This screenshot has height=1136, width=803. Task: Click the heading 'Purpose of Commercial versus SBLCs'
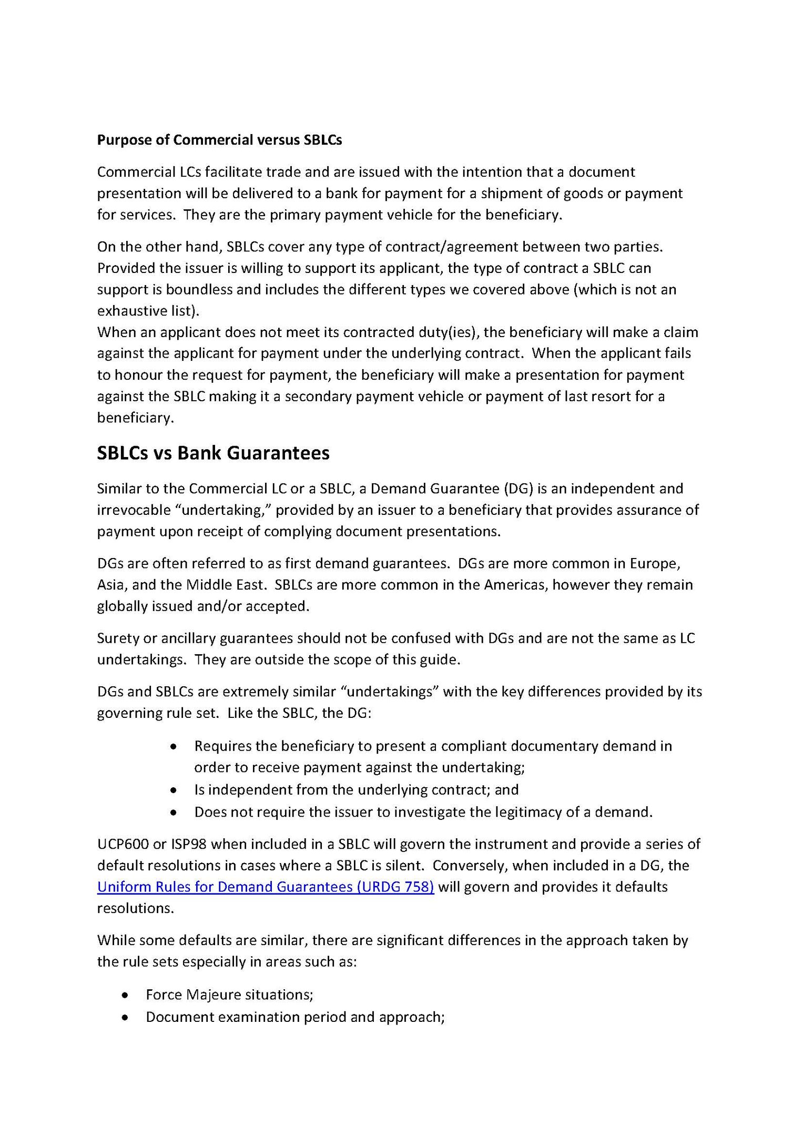tap(219, 140)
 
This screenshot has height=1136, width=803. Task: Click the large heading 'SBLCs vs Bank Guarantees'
tap(213, 453)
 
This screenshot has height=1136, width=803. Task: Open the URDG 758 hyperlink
tap(266, 887)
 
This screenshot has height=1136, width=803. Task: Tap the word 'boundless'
tap(199, 289)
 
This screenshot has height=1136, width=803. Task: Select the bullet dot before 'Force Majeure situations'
tap(125, 995)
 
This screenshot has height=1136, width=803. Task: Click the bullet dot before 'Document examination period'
tap(125, 1017)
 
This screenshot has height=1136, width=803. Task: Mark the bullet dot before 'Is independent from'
tap(174, 790)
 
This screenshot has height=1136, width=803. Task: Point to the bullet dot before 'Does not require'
tap(174, 813)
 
